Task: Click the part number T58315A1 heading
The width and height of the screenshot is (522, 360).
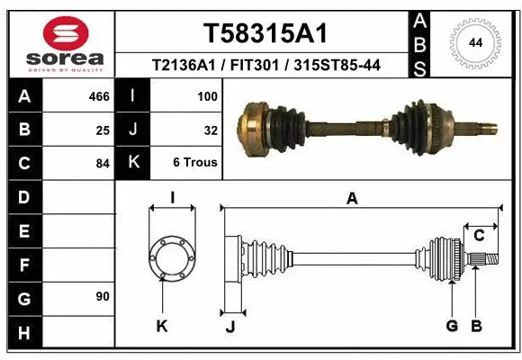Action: pos(264,33)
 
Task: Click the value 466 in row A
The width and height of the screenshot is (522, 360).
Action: pos(99,96)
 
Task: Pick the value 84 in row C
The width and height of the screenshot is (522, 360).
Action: pos(103,164)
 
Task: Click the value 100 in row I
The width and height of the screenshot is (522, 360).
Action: pos(207,96)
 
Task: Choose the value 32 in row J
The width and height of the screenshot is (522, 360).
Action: pos(211,130)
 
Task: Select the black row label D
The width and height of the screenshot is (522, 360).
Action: pos(23,197)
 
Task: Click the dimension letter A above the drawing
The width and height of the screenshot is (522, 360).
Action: pos(352,199)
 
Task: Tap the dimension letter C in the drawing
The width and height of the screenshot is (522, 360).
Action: pos(479,236)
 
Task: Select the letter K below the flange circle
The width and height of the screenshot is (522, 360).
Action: pos(162,326)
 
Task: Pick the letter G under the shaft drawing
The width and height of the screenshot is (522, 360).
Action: pos(452,326)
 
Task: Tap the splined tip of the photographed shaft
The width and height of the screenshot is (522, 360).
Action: pos(486,126)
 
